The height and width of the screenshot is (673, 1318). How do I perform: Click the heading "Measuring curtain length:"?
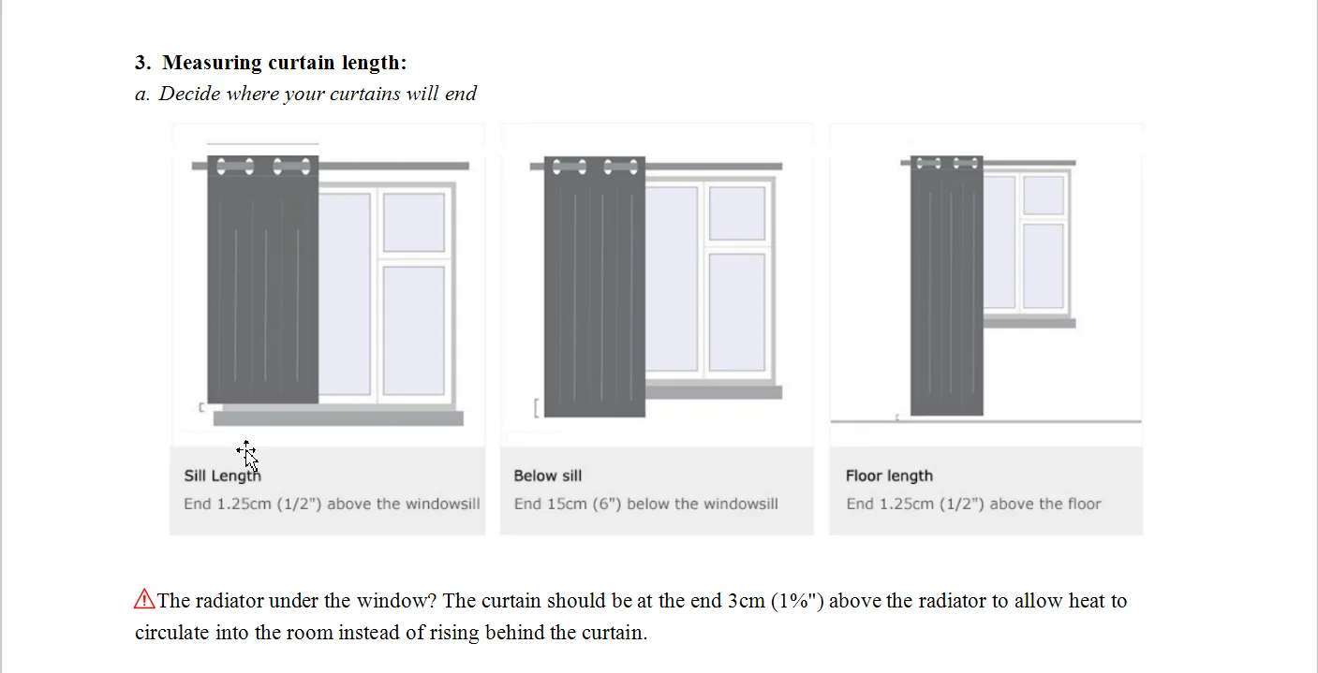point(284,63)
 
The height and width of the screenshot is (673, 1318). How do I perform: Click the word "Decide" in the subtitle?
point(190,94)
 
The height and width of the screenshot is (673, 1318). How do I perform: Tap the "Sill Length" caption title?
point(222,475)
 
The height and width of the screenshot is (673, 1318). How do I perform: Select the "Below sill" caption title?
point(547,475)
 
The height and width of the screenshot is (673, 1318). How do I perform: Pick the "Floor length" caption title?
point(888,475)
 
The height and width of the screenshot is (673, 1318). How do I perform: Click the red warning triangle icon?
point(144,599)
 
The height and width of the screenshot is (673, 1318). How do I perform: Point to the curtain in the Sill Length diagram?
point(262,281)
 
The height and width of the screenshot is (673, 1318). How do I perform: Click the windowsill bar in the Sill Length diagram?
point(338,418)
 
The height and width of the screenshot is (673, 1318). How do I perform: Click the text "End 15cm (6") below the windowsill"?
point(645,504)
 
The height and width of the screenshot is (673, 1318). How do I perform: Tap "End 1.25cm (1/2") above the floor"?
point(973,504)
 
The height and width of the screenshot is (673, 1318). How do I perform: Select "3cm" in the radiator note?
point(746,601)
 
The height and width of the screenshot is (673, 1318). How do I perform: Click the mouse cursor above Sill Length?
point(247,453)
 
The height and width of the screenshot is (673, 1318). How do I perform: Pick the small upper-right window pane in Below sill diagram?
point(736,213)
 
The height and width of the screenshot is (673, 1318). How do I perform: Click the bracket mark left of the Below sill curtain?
point(536,407)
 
